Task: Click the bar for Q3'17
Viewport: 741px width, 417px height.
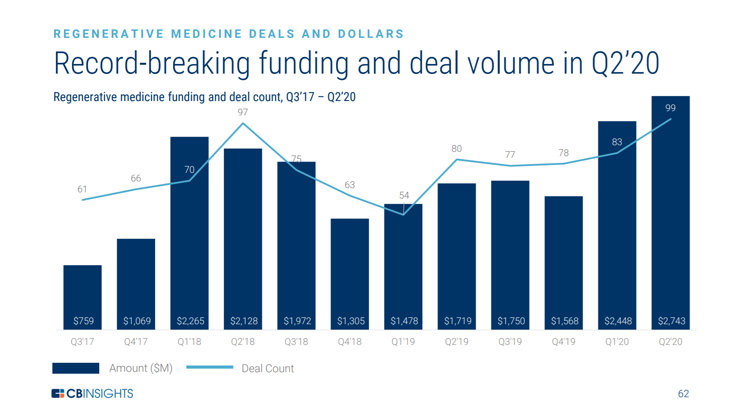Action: pyautogui.click(x=82, y=296)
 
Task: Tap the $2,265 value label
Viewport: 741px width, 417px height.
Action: pyautogui.click(x=190, y=321)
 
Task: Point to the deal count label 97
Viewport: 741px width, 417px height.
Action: pyautogui.click(x=243, y=112)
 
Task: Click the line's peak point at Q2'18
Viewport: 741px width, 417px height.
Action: pyautogui.click(x=243, y=124)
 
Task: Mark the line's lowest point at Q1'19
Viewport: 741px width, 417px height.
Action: pyautogui.click(x=403, y=215)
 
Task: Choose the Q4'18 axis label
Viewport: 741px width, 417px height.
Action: pyautogui.click(x=350, y=342)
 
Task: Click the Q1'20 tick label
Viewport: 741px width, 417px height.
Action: pyautogui.click(x=617, y=342)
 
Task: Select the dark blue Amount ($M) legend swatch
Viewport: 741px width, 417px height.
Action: pyautogui.click(x=76, y=368)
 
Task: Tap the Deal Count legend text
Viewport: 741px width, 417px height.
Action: pyautogui.click(x=268, y=368)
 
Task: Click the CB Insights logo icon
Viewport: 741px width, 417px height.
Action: pyautogui.click(x=58, y=393)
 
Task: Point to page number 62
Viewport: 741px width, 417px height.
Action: pyautogui.click(x=683, y=394)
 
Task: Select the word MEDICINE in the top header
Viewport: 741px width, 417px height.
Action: pyautogui.click(x=207, y=34)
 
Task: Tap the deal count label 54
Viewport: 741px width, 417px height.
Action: pyautogui.click(x=404, y=195)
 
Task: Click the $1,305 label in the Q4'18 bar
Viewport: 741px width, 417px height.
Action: pyautogui.click(x=351, y=321)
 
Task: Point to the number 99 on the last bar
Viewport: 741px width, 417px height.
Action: pyautogui.click(x=670, y=108)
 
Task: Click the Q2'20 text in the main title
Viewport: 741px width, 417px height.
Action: pyautogui.click(x=625, y=63)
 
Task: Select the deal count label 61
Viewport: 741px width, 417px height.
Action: pyautogui.click(x=82, y=189)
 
